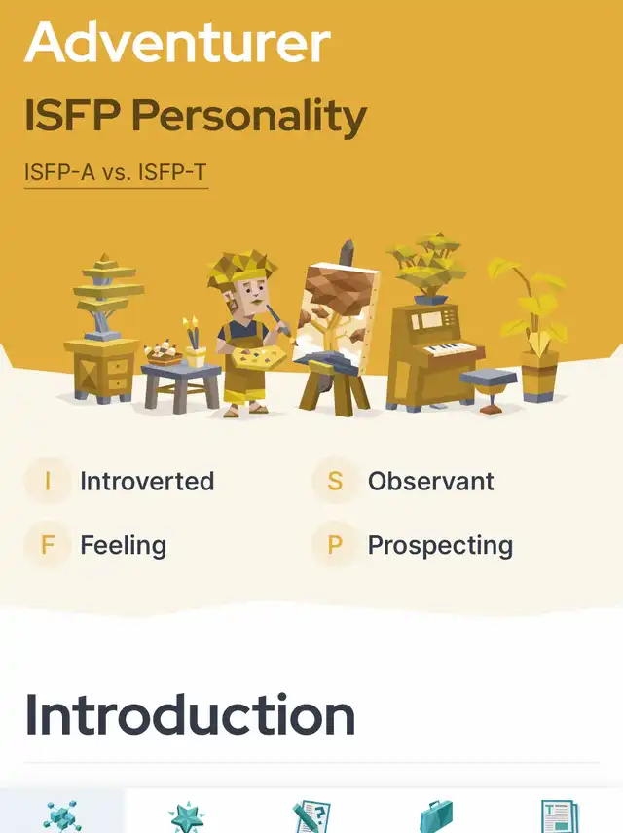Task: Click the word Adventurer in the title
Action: tap(177, 43)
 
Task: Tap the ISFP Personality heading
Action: tap(196, 115)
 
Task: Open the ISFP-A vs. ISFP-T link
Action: tap(116, 172)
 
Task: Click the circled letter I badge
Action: tap(48, 481)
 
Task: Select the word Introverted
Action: tap(147, 482)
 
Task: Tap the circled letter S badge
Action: tap(335, 481)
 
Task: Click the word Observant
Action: tap(431, 482)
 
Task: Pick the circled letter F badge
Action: tap(48, 545)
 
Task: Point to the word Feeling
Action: tap(124, 546)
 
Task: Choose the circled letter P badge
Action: tap(335, 545)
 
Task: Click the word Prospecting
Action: tap(441, 546)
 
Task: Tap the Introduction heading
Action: tap(190, 715)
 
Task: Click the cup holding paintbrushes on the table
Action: tap(195, 356)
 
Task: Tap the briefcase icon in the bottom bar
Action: tap(436, 817)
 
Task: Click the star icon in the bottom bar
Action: tap(187, 818)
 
